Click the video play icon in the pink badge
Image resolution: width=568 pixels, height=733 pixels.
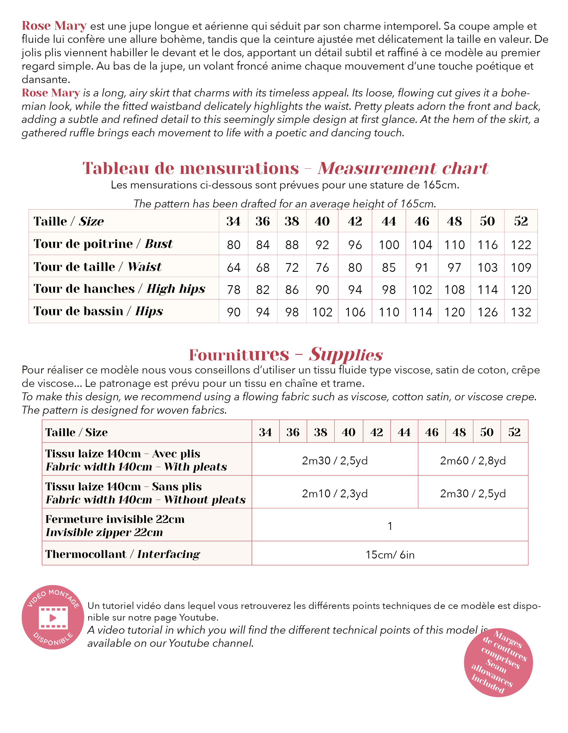coord(53,618)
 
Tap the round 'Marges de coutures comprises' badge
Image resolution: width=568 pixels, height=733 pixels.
coord(498,662)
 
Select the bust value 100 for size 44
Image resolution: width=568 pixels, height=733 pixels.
coord(389,245)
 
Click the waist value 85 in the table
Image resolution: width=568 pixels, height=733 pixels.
coord(389,267)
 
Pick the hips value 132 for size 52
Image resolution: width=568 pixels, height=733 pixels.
coord(521,312)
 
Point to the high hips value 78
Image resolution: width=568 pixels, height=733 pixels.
coord(233,290)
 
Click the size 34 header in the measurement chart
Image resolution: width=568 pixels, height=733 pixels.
coord(233,221)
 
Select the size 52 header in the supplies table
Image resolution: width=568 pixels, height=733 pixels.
coord(514,432)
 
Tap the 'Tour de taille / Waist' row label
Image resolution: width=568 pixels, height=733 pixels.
coord(97,267)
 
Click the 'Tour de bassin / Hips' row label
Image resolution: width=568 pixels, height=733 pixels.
coord(98,311)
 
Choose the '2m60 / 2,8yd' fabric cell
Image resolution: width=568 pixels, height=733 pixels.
coord(473,461)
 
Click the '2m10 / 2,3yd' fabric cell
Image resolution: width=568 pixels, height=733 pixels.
coord(335,493)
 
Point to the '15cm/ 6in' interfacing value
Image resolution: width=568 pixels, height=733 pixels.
coord(390,554)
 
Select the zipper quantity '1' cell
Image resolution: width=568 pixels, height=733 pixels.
coord(390,526)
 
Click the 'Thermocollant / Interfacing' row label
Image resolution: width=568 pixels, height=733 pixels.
coord(122,554)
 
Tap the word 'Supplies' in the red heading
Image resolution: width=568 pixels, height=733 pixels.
coord(346,355)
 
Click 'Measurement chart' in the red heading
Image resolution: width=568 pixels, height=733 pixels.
coord(403,168)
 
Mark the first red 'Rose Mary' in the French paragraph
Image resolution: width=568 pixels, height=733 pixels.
coord(54,26)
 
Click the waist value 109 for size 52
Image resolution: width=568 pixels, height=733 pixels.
coord(521,267)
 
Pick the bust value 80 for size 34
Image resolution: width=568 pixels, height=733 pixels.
coord(233,245)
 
